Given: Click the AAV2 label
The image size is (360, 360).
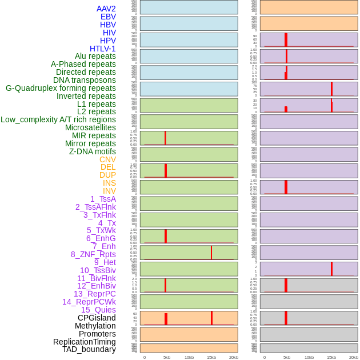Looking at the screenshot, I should click(106, 9).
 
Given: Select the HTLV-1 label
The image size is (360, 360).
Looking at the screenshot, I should click(102, 49).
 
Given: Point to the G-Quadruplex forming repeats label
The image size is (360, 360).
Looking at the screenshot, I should click(61, 88).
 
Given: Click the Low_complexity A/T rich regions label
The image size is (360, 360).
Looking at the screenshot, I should click(58, 119).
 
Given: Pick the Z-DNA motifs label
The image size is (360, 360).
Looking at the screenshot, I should click(92, 151).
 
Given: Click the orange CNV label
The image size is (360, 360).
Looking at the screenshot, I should click(107, 159).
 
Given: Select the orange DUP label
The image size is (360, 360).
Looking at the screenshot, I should click(107, 175).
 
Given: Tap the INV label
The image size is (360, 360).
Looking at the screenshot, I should click(109, 191).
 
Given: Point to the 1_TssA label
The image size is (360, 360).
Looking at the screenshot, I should click(103, 199).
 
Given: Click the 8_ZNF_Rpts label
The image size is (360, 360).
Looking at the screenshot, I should click(93, 254).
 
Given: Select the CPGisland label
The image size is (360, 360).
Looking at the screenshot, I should click(97, 318).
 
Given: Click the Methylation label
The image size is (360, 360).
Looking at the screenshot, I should click(95, 326).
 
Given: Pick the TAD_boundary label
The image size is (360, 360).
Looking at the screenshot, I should click(89, 349).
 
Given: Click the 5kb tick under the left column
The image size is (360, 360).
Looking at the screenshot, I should click(167, 357).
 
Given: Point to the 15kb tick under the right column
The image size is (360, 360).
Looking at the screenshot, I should click(331, 357).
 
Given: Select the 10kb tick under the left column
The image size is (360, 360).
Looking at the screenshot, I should click(189, 357).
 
